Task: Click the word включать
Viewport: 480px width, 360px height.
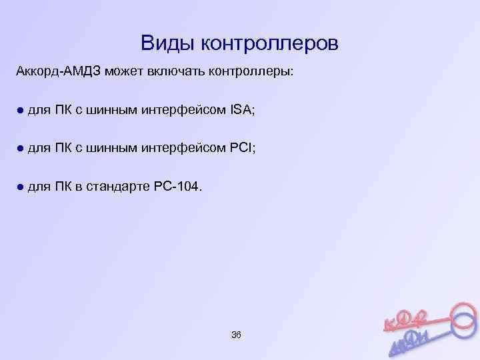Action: coord(184,72)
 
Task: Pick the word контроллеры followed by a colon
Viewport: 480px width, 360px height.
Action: coord(256,72)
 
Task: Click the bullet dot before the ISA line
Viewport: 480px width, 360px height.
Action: coord(20,110)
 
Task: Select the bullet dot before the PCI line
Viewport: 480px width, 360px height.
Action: coord(20,148)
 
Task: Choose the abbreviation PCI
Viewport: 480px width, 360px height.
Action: coord(242,148)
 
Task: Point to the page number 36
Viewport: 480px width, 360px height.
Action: coord(235,333)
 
